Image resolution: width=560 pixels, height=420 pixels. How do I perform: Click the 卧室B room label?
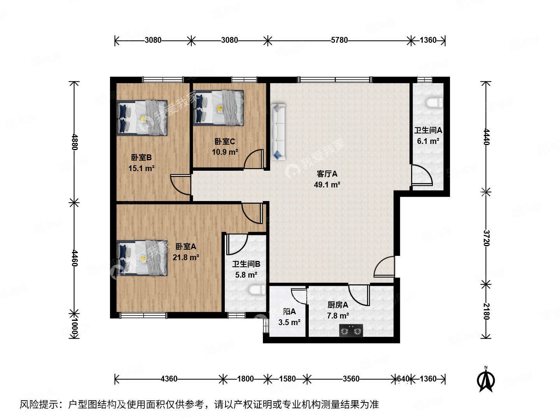pyautogui.click(x=141, y=157)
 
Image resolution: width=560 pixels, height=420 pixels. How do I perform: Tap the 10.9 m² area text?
pyautogui.click(x=225, y=152)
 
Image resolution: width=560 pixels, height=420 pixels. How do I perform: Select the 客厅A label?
pyautogui.click(x=327, y=174)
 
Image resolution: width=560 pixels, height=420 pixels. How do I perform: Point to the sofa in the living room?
pyautogui.click(x=278, y=132)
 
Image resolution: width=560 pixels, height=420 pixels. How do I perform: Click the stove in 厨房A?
pyautogui.click(x=351, y=331)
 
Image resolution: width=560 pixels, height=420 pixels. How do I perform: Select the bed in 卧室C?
pyautogui.click(x=219, y=108)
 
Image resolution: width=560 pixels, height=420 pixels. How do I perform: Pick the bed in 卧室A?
pyautogui.click(x=142, y=258)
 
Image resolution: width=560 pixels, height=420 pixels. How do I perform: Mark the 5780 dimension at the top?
pyautogui.click(x=339, y=40)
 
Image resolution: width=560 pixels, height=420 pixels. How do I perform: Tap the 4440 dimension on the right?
pyautogui.click(x=486, y=136)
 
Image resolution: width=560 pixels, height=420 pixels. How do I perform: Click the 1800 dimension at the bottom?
pyautogui.click(x=245, y=379)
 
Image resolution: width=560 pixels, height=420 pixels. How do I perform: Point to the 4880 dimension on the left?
pyautogui.click(x=74, y=142)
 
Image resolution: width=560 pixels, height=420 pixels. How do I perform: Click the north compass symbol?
pyautogui.click(x=486, y=380)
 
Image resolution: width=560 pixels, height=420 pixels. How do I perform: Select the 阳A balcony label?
pyautogui.click(x=289, y=311)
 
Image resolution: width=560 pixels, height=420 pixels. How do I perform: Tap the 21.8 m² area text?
pyautogui.click(x=186, y=257)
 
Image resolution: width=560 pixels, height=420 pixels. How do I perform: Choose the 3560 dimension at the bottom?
pyautogui.click(x=351, y=379)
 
